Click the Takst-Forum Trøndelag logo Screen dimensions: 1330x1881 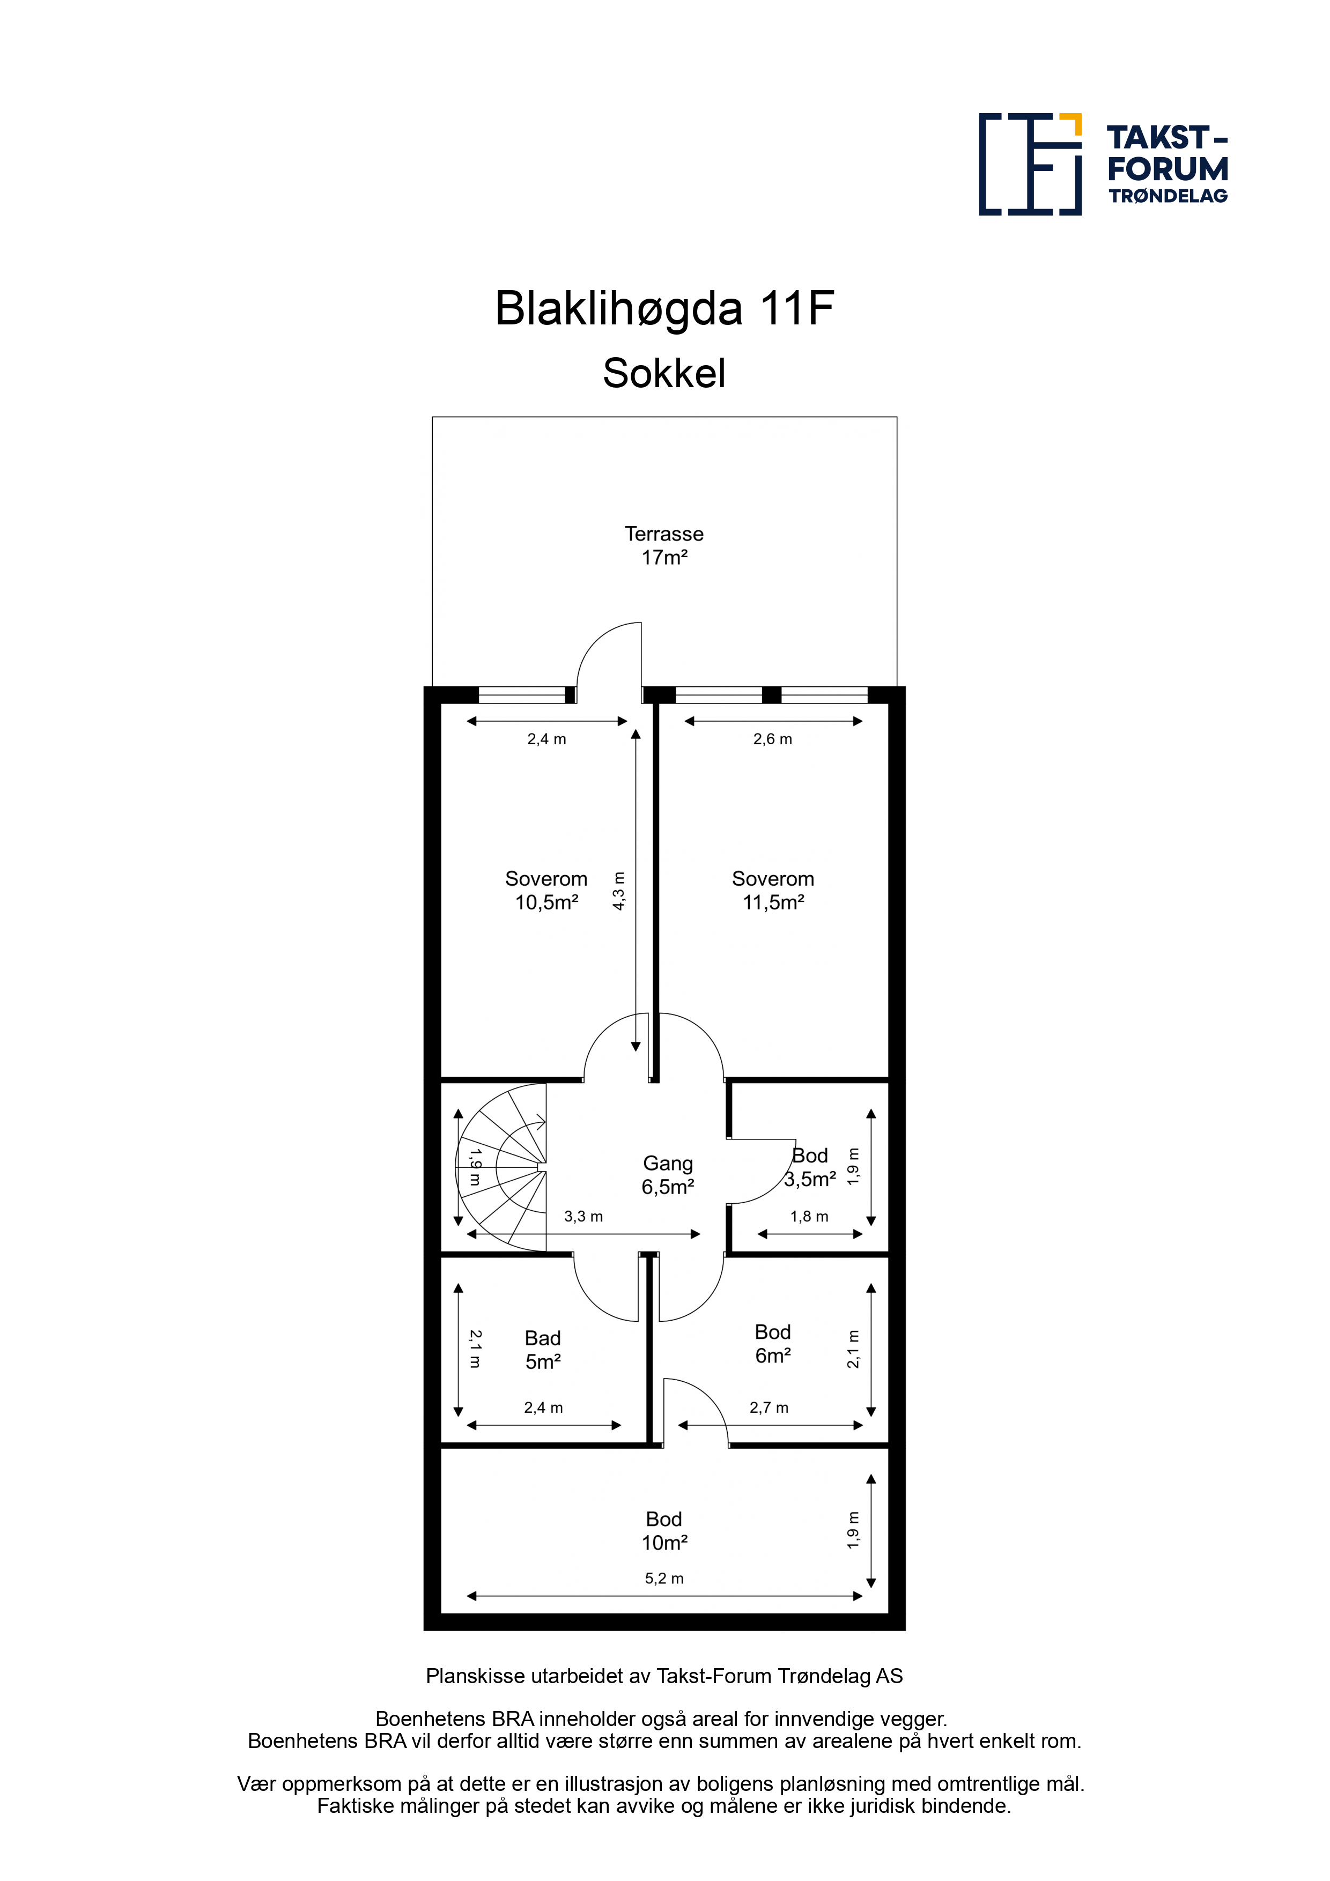1103,164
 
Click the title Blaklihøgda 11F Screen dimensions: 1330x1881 664,309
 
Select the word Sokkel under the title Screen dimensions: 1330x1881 664,374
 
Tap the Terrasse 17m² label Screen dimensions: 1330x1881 664,546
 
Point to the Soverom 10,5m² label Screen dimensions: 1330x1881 546,891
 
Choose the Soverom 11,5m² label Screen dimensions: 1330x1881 773,891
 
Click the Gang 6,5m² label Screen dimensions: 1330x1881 668,1175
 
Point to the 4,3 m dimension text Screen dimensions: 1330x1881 619,891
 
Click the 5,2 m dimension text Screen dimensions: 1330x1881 664,1579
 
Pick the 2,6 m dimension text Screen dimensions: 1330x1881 773,739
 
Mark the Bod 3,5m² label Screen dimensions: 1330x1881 810,1167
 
